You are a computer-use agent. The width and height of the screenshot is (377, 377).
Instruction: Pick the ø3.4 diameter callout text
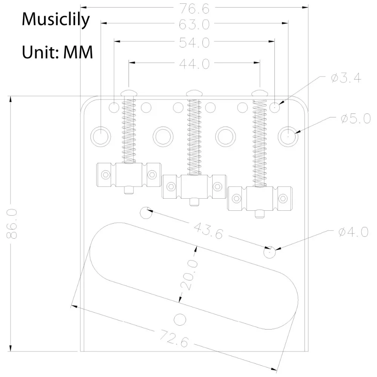345,78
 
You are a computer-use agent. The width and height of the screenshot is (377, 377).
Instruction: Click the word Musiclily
56,18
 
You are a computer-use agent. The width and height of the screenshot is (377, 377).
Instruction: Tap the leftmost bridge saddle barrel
129,175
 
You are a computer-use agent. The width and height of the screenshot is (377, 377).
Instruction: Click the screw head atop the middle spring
194,92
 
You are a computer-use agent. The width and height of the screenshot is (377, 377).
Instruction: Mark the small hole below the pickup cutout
180,319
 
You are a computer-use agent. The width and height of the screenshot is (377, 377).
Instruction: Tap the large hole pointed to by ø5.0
288,135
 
